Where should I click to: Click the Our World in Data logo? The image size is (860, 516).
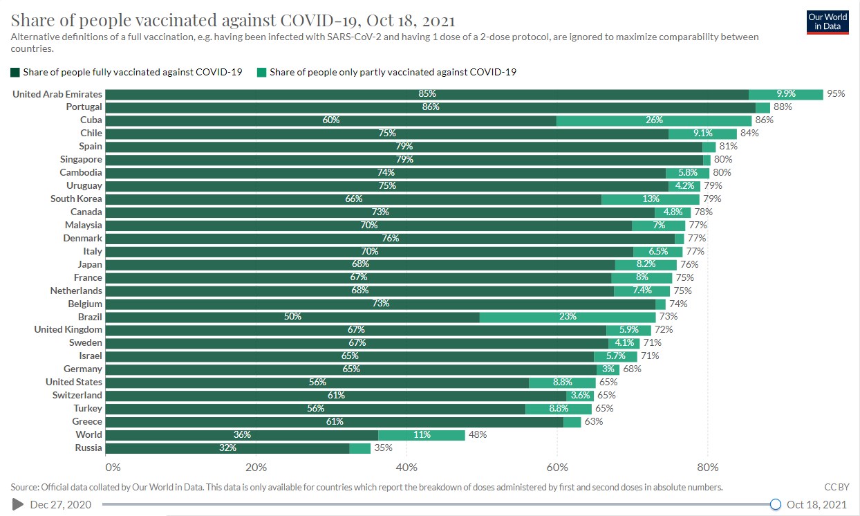pyautogui.click(x=828, y=21)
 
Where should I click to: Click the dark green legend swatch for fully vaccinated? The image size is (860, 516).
pyautogui.click(x=15, y=72)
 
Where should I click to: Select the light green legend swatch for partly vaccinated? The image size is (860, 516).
pyautogui.click(x=261, y=72)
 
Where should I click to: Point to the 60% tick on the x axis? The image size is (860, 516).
pyautogui.click(x=557, y=466)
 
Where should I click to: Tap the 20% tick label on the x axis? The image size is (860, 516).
pyautogui.click(x=256, y=466)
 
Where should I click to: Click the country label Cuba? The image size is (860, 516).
pyautogui.click(x=91, y=120)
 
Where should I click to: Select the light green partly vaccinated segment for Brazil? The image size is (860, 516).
pyautogui.click(x=567, y=317)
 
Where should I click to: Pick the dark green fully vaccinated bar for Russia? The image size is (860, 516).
pyautogui.click(x=227, y=448)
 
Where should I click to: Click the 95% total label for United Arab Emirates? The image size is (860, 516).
pyautogui.click(x=836, y=94)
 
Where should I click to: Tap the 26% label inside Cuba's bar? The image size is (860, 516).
pyautogui.click(x=654, y=120)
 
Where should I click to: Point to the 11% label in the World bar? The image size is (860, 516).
pyautogui.click(x=422, y=435)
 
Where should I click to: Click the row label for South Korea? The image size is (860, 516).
pyautogui.click(x=76, y=199)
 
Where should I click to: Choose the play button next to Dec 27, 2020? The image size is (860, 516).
pyautogui.click(x=17, y=504)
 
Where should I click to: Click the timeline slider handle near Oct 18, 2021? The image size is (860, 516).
pyautogui.click(x=776, y=504)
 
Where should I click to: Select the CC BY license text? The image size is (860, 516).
pyautogui.click(x=836, y=487)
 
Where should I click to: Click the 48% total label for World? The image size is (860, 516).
pyautogui.click(x=478, y=435)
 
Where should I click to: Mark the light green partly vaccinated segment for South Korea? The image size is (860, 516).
pyautogui.click(x=650, y=199)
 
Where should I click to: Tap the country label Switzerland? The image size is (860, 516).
pyautogui.click(x=77, y=396)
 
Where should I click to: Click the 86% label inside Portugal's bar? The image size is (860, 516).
pyautogui.click(x=431, y=107)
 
